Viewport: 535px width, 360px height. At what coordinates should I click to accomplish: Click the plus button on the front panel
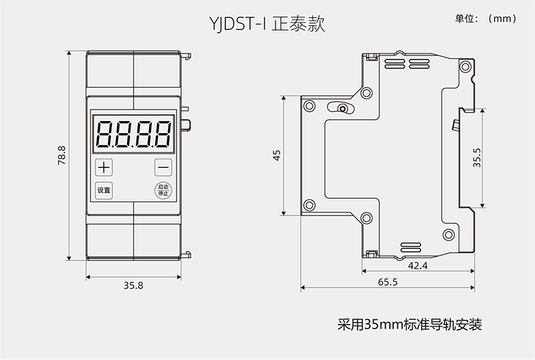click(104, 167)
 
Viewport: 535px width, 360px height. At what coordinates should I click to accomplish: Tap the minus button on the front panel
click(163, 167)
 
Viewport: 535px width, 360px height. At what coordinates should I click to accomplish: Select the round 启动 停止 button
click(163, 189)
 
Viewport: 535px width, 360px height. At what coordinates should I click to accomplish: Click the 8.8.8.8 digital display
click(134, 133)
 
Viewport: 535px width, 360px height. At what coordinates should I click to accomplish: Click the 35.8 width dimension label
click(134, 285)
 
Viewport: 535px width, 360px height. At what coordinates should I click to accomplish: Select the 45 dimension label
click(277, 155)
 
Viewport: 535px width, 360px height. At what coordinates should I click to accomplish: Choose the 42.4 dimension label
click(417, 265)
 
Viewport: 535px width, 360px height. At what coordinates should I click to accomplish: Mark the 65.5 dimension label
click(387, 282)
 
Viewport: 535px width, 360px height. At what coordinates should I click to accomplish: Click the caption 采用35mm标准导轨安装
click(409, 326)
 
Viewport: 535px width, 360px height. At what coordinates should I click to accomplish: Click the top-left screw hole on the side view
click(308, 105)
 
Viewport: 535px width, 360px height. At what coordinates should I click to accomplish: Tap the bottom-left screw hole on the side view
click(308, 205)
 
